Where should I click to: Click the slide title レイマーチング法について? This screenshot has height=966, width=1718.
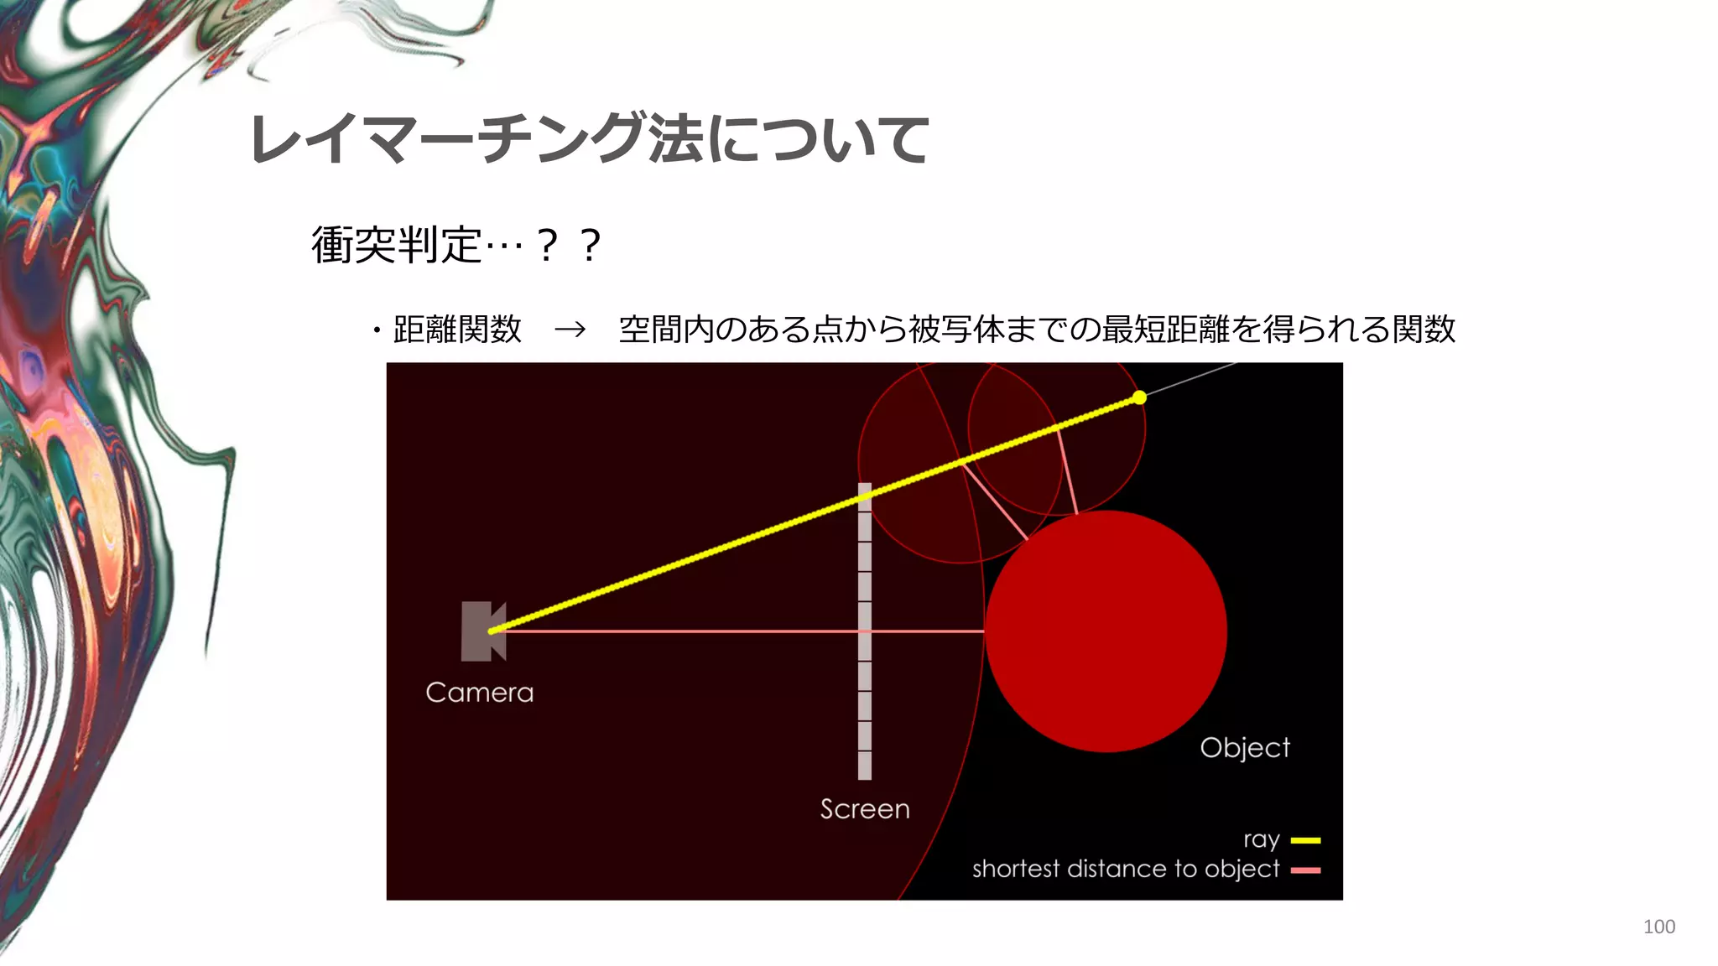point(589,139)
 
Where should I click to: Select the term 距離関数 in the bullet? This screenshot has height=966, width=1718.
point(457,330)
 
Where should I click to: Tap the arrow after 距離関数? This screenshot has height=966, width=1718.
point(570,330)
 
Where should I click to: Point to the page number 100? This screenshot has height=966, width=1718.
point(1658,927)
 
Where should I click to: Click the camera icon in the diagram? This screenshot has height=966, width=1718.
point(482,631)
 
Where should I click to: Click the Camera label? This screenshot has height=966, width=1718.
point(479,693)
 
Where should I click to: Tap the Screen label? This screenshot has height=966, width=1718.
point(865,809)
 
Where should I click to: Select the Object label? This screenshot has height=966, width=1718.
point(1245,747)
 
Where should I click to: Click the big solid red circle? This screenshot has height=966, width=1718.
point(1106,631)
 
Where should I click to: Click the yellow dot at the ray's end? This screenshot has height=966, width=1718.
point(1139,397)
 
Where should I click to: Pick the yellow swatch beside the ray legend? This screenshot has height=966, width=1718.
point(1305,840)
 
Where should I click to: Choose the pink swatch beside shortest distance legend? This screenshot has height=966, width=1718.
point(1305,870)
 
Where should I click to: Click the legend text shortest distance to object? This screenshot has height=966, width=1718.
point(1126,870)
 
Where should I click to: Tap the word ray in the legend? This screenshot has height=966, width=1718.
point(1261,840)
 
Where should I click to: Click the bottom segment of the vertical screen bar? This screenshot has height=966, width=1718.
point(865,765)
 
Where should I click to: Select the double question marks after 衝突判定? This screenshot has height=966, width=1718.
point(569,246)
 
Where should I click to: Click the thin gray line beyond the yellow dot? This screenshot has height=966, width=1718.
point(1191,379)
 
